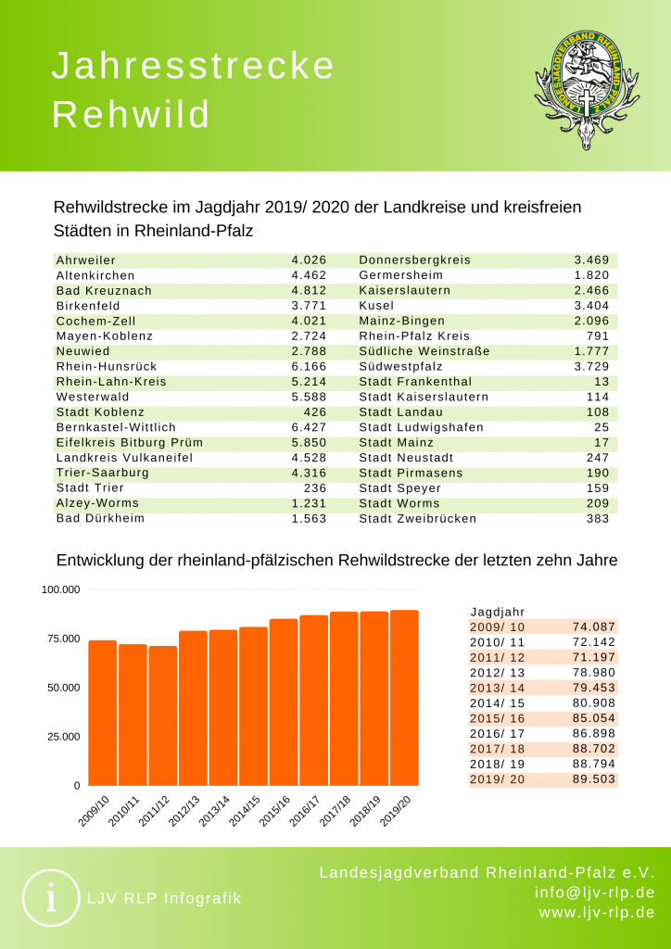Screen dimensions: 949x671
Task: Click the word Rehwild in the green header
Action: point(130,115)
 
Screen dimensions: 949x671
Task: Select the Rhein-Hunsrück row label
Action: point(107,366)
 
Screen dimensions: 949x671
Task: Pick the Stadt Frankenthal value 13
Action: point(601,381)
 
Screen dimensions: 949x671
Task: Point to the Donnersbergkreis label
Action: point(414,260)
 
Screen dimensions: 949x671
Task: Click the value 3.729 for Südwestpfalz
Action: point(591,366)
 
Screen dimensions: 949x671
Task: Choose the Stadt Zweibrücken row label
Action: point(417,518)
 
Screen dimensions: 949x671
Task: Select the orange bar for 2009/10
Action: point(102,713)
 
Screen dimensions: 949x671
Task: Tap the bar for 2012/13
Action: point(193,708)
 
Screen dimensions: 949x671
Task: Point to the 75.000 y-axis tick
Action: point(62,639)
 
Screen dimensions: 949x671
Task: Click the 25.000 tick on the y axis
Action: point(62,737)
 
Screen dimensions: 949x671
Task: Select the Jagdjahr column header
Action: point(498,612)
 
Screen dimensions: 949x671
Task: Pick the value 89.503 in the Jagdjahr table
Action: point(595,779)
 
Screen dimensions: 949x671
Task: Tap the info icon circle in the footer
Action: point(50,898)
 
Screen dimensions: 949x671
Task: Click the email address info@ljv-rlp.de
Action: point(595,892)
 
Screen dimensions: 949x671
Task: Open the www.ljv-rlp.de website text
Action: point(597,913)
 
